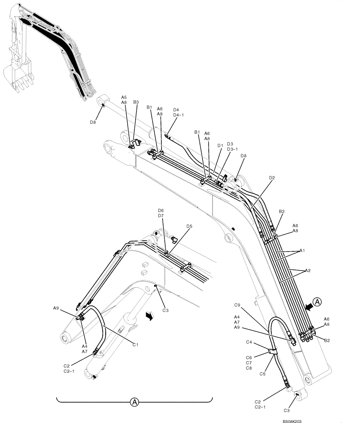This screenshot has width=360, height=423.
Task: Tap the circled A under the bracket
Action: (x=134, y=401)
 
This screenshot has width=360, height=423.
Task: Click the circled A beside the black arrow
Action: (x=319, y=302)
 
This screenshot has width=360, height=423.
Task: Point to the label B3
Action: (x=136, y=102)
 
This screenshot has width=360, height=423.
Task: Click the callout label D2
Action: (x=272, y=178)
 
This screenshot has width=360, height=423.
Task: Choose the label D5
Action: (x=189, y=226)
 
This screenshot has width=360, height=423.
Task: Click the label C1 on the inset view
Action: (x=135, y=345)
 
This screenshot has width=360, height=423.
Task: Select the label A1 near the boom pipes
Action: (x=302, y=250)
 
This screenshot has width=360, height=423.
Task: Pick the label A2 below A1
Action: (x=309, y=270)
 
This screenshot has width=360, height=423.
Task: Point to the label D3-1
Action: (x=232, y=149)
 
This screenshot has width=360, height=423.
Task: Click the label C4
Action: (x=249, y=342)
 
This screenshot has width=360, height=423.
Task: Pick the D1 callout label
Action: (x=220, y=146)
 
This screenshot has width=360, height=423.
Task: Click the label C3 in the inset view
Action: (x=166, y=310)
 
